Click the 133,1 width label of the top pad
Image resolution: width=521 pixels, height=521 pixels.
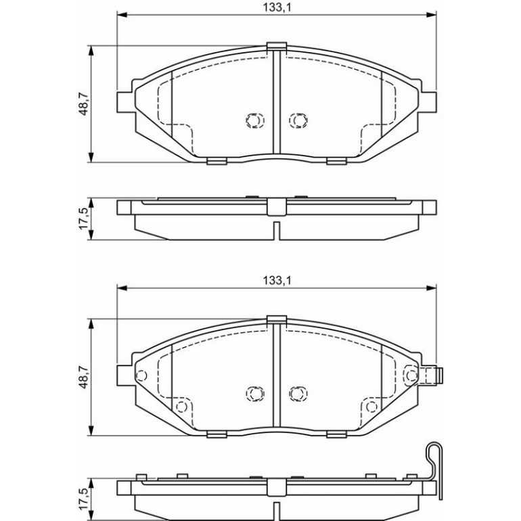[x=277, y=7]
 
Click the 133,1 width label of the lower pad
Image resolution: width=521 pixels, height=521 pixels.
[x=277, y=281]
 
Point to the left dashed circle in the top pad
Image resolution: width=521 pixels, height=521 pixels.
[x=255, y=120]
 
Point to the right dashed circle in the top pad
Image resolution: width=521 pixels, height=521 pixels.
[x=298, y=120]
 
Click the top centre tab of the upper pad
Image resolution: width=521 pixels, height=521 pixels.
[x=277, y=47]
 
